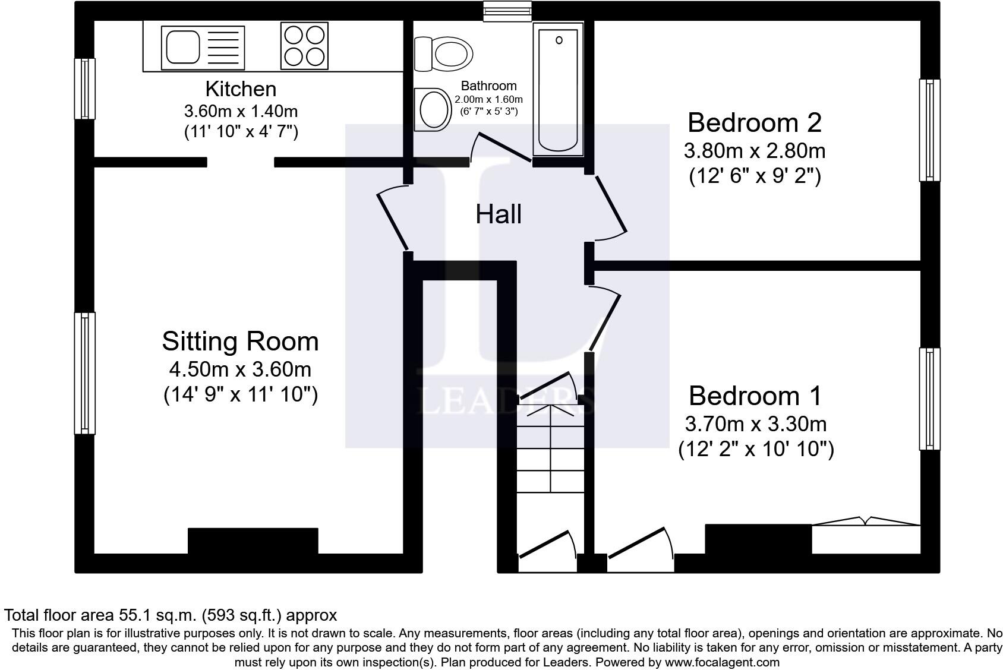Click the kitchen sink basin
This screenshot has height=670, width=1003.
coord(182,48)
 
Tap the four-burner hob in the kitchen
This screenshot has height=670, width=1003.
coord(304,46)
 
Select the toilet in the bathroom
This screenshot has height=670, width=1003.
coord(443,54)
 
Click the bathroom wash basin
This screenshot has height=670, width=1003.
coord(433,109)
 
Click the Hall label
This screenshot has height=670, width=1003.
coord(499,214)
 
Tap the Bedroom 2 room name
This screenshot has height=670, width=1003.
coord(755,122)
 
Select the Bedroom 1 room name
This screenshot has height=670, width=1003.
coord(755,396)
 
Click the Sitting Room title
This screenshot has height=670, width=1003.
coord(241,342)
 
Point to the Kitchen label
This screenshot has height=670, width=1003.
coord(241,89)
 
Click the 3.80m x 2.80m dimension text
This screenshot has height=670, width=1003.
coord(755,151)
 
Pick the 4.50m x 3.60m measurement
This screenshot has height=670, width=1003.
coord(241,369)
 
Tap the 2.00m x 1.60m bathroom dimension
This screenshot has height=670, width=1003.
coord(488,99)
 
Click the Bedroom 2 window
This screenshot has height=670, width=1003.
coord(929,130)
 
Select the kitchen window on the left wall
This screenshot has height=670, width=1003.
coord(84,89)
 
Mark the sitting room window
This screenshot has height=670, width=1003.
coord(84,373)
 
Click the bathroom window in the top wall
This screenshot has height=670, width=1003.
coord(507,11)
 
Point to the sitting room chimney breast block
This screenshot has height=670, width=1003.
coord(253,541)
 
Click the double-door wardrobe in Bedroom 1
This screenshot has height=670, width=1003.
coord(866,535)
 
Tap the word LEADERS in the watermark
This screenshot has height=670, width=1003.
coord(506,400)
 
